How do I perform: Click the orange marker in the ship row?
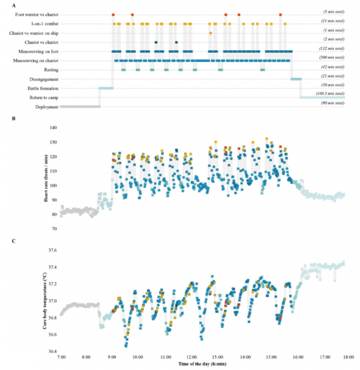(211, 33)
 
